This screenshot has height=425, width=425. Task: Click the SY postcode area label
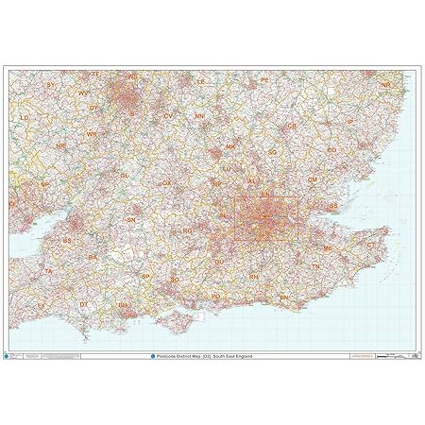(x=51, y=85)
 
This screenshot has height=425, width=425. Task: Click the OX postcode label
(x=167, y=182)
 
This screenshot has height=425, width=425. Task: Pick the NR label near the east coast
(x=385, y=85)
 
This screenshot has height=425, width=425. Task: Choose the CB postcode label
(x=292, y=125)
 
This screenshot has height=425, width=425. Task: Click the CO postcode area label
(x=331, y=149)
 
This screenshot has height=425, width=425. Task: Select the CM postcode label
(x=313, y=179)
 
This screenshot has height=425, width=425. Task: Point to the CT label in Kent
(x=370, y=244)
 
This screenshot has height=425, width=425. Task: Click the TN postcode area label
(x=316, y=267)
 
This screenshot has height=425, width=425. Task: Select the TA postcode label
(x=47, y=271)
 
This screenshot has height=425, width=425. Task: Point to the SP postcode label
(x=146, y=276)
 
